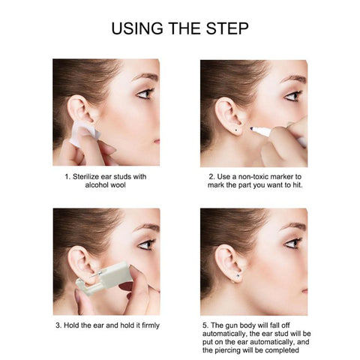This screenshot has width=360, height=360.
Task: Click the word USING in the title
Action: pos(137,28)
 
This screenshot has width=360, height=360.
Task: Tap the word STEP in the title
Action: pos(227,28)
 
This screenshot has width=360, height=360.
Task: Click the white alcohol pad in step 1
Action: pos(82,133)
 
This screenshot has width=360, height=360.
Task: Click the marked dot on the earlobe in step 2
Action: pos(236,129)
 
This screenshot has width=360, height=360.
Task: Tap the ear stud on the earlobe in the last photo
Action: pos(238,276)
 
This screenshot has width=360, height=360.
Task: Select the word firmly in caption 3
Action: pos(150,325)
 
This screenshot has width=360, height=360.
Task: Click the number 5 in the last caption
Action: pos(205,325)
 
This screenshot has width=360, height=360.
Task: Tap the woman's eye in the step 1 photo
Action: pos(145,94)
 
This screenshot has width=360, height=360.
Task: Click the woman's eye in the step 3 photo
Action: pos(146,244)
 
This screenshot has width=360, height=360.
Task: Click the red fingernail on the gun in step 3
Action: pos(126,286)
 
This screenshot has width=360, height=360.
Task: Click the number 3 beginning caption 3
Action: pos(58,325)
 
